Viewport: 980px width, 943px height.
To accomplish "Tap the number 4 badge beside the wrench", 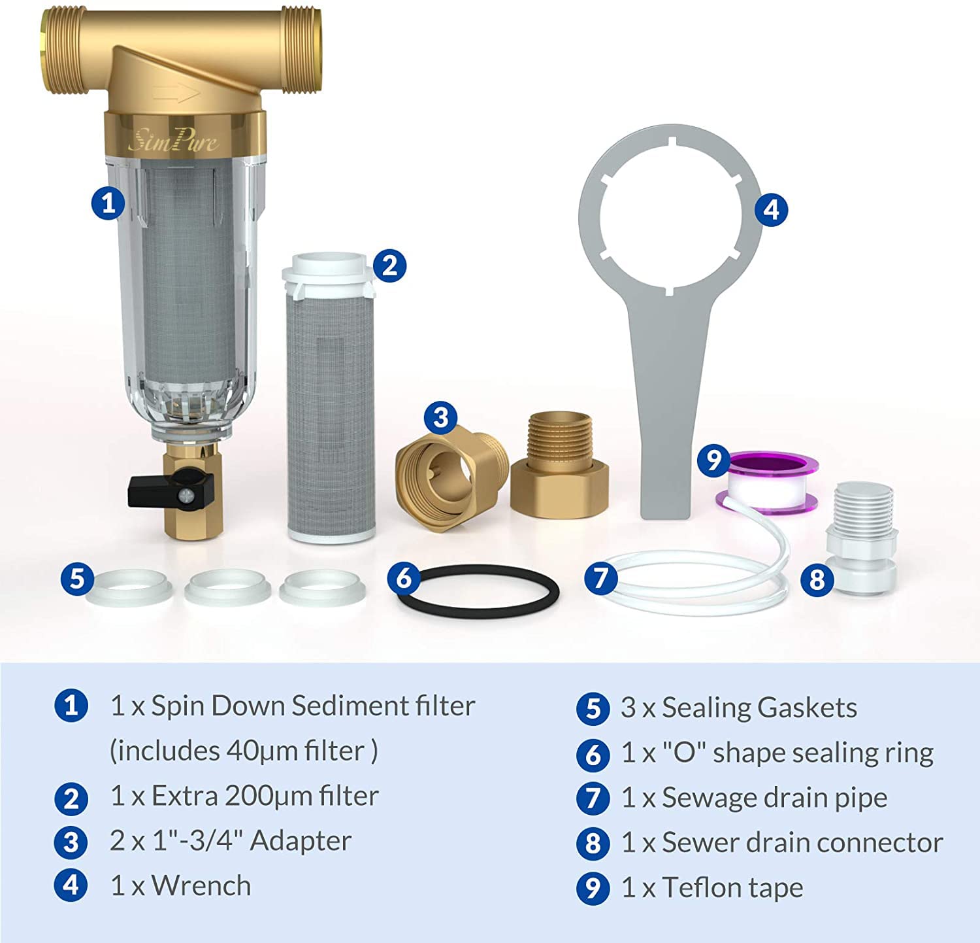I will pyautogui.click(x=771, y=209).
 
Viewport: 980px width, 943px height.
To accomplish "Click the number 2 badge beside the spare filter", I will pyautogui.click(x=389, y=266).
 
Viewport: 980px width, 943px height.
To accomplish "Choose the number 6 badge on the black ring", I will pyautogui.click(x=404, y=578).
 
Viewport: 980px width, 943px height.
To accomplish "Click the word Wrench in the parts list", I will pyautogui.click(x=201, y=886).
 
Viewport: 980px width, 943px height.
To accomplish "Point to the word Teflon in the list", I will pyautogui.click(x=702, y=888).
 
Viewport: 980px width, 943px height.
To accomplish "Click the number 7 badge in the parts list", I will pyautogui.click(x=593, y=798).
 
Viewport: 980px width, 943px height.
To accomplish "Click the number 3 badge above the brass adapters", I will pyautogui.click(x=441, y=417).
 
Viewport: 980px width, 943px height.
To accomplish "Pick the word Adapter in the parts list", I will pyautogui.click(x=301, y=841).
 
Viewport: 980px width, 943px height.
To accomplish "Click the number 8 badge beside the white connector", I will pyautogui.click(x=817, y=579).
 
